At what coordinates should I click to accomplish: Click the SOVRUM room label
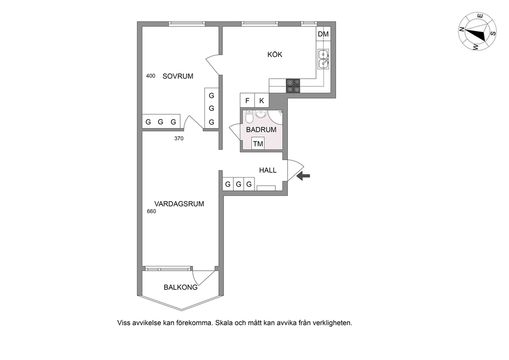coord(178,76)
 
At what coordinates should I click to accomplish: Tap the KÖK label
coord(275,54)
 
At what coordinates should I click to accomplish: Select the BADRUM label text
coord(261,129)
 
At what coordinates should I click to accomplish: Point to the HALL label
coord(268,170)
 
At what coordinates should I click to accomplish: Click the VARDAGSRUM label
coord(179,204)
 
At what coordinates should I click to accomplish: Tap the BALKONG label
coord(181,287)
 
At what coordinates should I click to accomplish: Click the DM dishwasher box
coord(323,34)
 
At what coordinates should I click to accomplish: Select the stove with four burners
coord(293,86)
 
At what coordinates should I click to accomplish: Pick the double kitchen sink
coord(323,59)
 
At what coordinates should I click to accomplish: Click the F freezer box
coord(247,100)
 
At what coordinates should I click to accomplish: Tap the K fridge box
coord(262,100)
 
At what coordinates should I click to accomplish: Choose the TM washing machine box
coord(258,143)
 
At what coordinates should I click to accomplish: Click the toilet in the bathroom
coord(249,116)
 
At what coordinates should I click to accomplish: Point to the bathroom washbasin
coord(261,113)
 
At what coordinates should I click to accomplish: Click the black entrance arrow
coord(304,176)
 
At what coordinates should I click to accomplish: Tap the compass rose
coord(477,31)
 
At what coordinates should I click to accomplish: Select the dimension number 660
coord(151,211)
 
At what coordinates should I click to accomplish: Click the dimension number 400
coord(151,75)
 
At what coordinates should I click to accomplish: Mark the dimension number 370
coord(179,139)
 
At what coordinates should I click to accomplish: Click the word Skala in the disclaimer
coord(223,323)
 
